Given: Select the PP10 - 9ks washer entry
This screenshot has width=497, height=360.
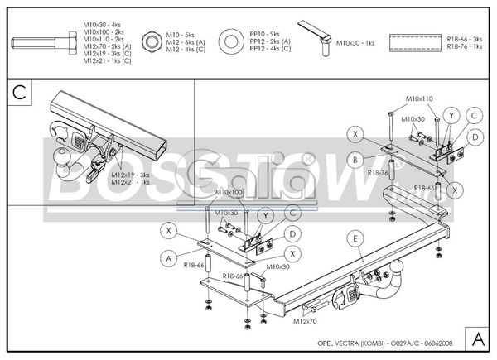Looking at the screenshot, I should click(266, 34).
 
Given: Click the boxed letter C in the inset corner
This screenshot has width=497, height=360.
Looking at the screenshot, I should click(22, 92).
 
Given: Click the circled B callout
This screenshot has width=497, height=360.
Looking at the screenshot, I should click(355, 159).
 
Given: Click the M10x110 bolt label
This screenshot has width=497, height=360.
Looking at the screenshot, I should click(419, 99).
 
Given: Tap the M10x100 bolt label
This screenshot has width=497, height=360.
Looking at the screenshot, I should click(229, 193).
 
